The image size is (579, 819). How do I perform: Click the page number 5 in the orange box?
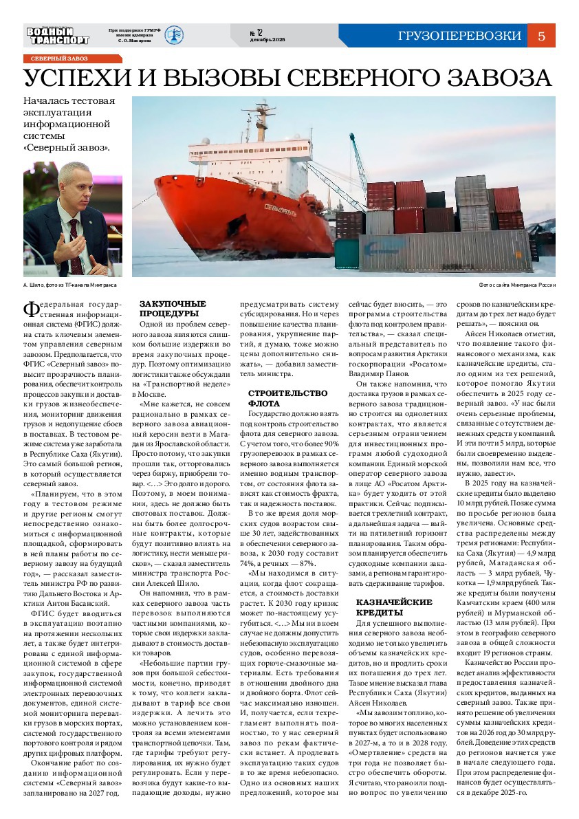pyautogui.click(x=541, y=36)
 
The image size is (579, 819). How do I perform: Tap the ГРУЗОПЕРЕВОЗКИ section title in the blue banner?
pyautogui.click(x=459, y=36)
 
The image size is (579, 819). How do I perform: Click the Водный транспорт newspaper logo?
pyautogui.click(x=58, y=35)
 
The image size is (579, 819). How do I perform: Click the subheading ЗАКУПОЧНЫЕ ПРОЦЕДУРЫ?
pyautogui.click(x=173, y=307)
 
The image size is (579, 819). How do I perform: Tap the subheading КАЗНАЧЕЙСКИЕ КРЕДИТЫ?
pyautogui.click(x=393, y=607)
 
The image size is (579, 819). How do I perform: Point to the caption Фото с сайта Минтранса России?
pyautogui.click(x=517, y=284)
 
